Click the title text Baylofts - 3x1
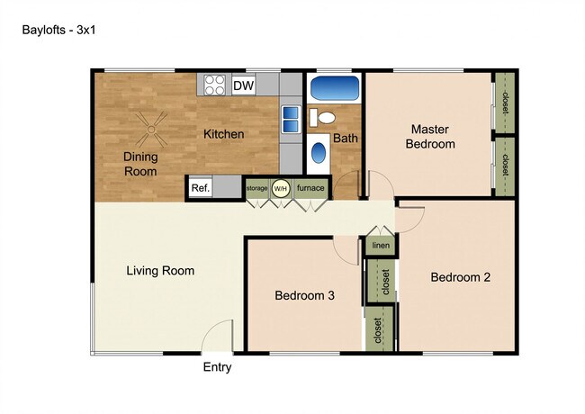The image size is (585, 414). [x=59, y=29]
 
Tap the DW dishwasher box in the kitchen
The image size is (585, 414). [x=243, y=85]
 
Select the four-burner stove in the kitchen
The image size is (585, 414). [x=214, y=85]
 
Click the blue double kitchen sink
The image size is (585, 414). [x=291, y=119]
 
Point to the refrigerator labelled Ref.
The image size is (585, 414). [x=200, y=188]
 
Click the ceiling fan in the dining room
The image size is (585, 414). [x=150, y=130]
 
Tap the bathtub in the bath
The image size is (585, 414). [x=334, y=90]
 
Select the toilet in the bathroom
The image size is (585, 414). [x=324, y=116]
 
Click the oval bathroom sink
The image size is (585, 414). [x=319, y=153]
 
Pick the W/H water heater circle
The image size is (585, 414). [x=281, y=188]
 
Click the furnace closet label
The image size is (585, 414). [x=310, y=188]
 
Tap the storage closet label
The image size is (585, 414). [x=256, y=188]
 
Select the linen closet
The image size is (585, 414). [x=379, y=246]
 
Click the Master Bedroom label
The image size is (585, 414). [x=430, y=136]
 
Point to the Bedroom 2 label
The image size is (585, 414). [x=460, y=277]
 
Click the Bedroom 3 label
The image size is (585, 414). [x=304, y=295]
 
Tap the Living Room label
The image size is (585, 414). [x=160, y=270]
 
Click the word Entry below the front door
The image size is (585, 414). [x=217, y=367]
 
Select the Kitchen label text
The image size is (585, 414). [x=223, y=134]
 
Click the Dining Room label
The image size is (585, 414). [x=140, y=163]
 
